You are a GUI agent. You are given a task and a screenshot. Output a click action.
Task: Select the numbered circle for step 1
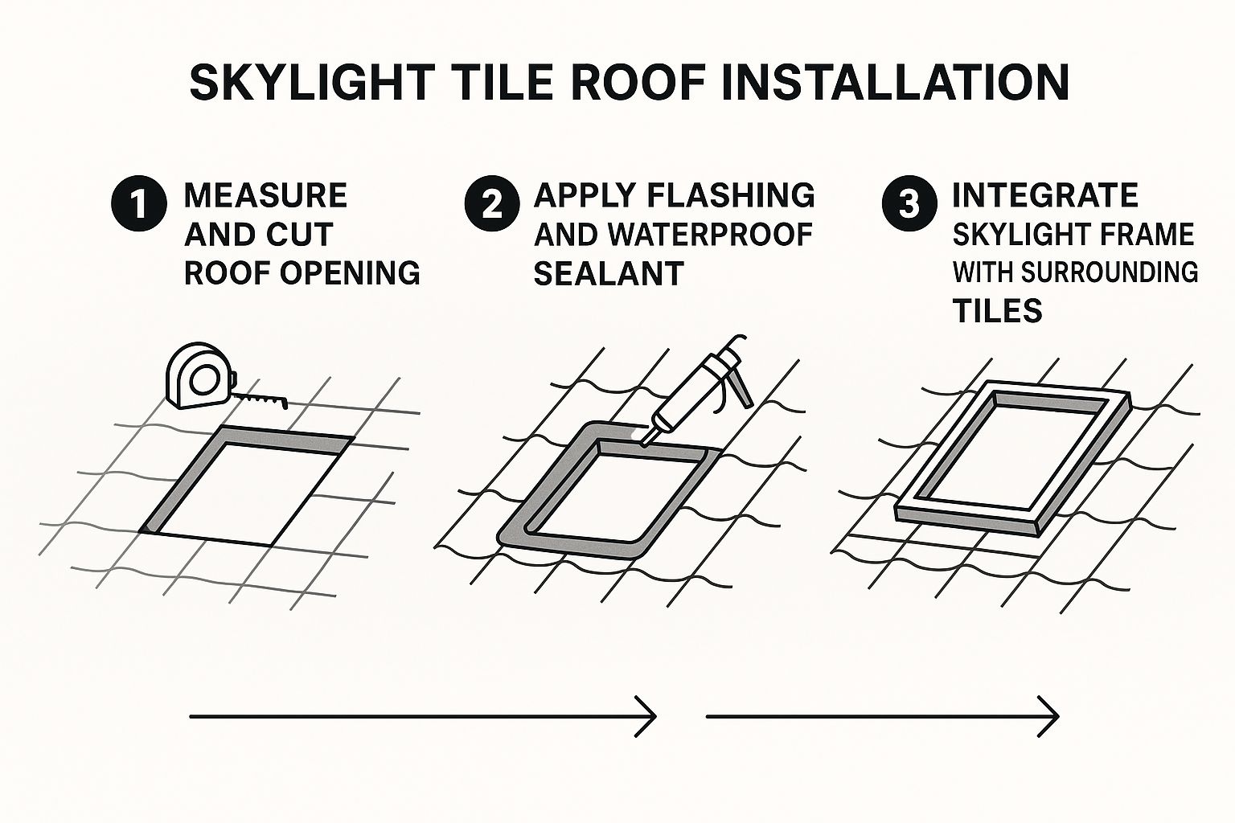139,204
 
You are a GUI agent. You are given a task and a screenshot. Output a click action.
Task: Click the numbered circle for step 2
492,204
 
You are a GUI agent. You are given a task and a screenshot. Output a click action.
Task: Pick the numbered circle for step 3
909,204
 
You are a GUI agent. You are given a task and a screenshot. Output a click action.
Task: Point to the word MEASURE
266,195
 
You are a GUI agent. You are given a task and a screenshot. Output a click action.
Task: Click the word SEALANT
609,273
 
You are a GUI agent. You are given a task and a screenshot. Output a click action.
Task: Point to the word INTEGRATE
1045,195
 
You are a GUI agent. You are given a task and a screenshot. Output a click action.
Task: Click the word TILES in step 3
997,311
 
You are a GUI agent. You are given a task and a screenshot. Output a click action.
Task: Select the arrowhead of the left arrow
646,716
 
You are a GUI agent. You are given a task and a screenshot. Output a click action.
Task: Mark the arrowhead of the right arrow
1048,716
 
